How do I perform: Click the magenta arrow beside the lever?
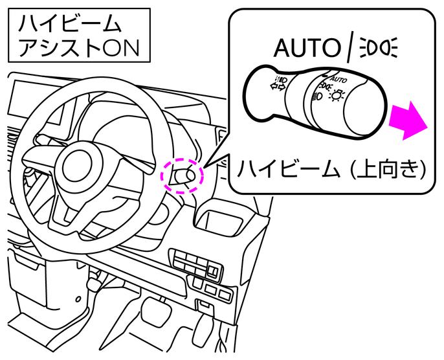408,120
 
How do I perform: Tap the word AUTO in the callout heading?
307,47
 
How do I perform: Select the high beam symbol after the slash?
379,47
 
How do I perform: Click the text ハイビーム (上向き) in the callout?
331,169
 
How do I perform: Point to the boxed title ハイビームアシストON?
79,36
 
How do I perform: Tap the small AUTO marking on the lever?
339,80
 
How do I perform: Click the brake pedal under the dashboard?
157,309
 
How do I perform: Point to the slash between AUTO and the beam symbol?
351,47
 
